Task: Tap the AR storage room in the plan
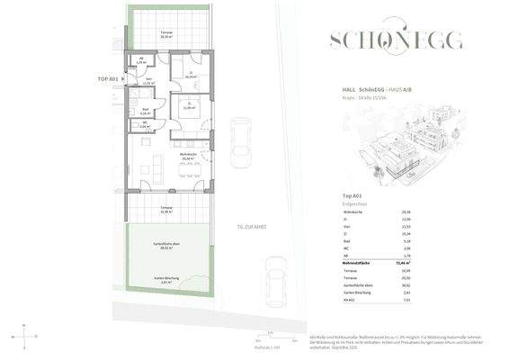point(139,61)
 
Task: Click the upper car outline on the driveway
point(240,135)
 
